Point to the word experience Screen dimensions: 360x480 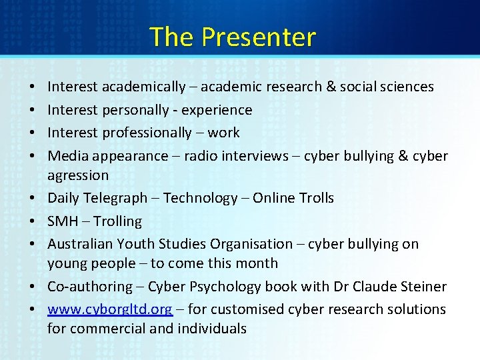coord(217,110)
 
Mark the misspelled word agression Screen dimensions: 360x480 coord(78,175)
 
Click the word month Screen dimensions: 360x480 coord(259,263)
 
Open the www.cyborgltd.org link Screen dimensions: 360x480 coord(110,309)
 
